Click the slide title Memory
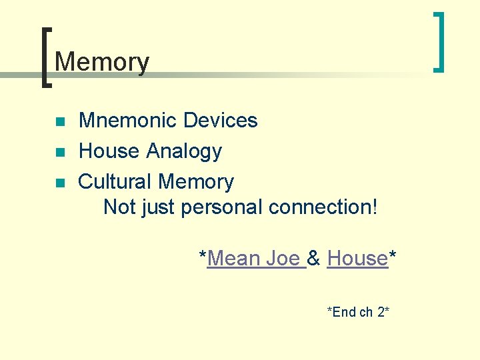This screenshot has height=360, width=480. [x=102, y=62]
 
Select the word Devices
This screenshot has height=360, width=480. [x=220, y=121]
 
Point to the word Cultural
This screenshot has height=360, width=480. [x=115, y=181]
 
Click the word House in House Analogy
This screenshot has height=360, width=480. [x=109, y=151]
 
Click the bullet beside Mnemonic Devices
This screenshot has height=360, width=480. [x=59, y=122]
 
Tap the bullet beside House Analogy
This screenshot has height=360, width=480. [x=59, y=153]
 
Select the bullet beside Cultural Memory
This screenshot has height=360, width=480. [x=59, y=183]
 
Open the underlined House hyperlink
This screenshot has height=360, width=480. [x=357, y=258]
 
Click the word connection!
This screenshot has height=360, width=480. [x=323, y=207]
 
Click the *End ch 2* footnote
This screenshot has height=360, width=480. [x=358, y=311]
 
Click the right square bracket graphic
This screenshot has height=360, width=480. [x=438, y=41]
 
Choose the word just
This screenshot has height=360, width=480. [x=159, y=207]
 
